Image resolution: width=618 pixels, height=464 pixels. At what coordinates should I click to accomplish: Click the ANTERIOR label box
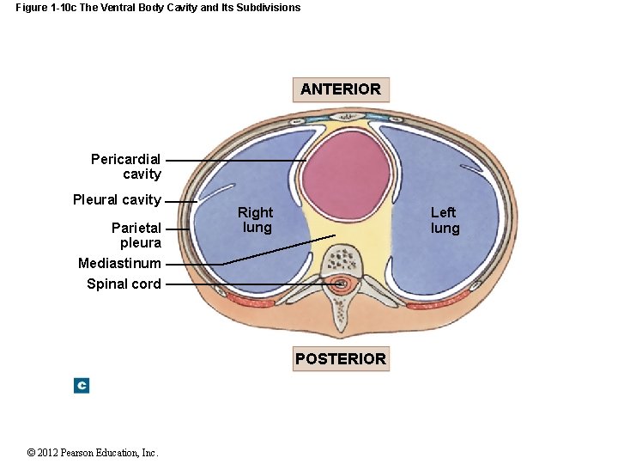tap(341, 89)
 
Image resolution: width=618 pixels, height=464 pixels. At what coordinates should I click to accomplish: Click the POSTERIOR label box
tap(341, 359)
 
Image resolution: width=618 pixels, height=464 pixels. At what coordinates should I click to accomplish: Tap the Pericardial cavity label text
tap(125, 167)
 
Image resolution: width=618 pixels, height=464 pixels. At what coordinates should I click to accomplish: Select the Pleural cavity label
tap(117, 200)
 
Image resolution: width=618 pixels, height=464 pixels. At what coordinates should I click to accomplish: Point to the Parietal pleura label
tap(136, 235)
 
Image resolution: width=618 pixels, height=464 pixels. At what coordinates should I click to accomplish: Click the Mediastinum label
tap(119, 263)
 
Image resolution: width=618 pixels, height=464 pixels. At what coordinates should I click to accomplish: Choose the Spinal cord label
tap(124, 284)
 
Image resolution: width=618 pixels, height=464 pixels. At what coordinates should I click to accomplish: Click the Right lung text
tap(256, 220)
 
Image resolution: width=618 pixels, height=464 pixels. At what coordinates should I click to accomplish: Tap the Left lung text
tap(445, 220)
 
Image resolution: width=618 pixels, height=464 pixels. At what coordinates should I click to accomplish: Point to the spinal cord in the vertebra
tap(342, 284)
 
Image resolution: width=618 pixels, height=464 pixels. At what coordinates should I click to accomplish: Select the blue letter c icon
tap(82, 386)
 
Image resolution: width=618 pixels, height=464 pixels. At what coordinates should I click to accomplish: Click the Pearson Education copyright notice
tap(93, 453)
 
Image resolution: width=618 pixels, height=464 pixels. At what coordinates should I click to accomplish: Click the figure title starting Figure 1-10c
tap(158, 8)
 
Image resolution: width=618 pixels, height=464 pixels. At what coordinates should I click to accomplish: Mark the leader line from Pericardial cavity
tap(236, 160)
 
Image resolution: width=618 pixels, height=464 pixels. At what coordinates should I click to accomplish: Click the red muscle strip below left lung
tap(438, 302)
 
